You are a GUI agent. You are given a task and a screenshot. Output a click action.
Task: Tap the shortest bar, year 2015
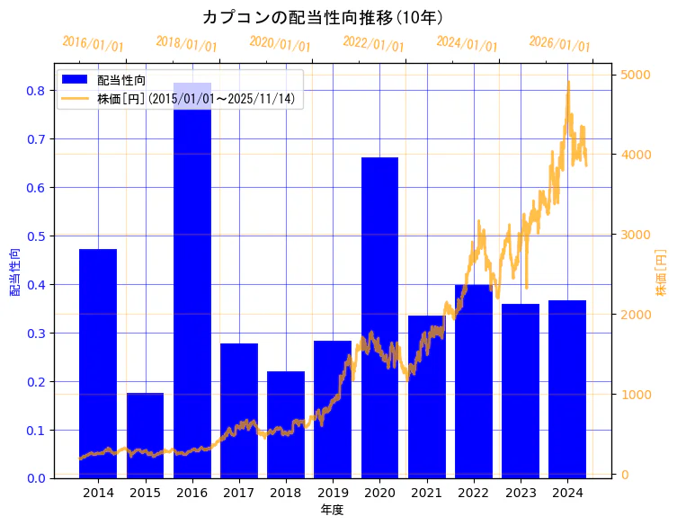pyautogui.click(x=145, y=435)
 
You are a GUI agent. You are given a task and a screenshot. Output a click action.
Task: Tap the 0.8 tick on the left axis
pyautogui.click(x=35, y=91)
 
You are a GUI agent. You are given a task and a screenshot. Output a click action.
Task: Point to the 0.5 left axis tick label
pyautogui.click(x=35, y=236)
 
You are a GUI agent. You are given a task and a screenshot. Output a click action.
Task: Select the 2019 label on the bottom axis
pyautogui.click(x=333, y=493)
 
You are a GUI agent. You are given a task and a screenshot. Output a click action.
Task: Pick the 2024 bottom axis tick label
pyautogui.click(x=567, y=493)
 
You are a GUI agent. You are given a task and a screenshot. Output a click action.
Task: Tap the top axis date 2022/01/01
pyautogui.click(x=373, y=44)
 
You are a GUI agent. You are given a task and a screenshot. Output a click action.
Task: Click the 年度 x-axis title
pyautogui.click(x=332, y=510)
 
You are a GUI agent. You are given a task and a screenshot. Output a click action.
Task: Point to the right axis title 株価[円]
pyautogui.click(x=661, y=272)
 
